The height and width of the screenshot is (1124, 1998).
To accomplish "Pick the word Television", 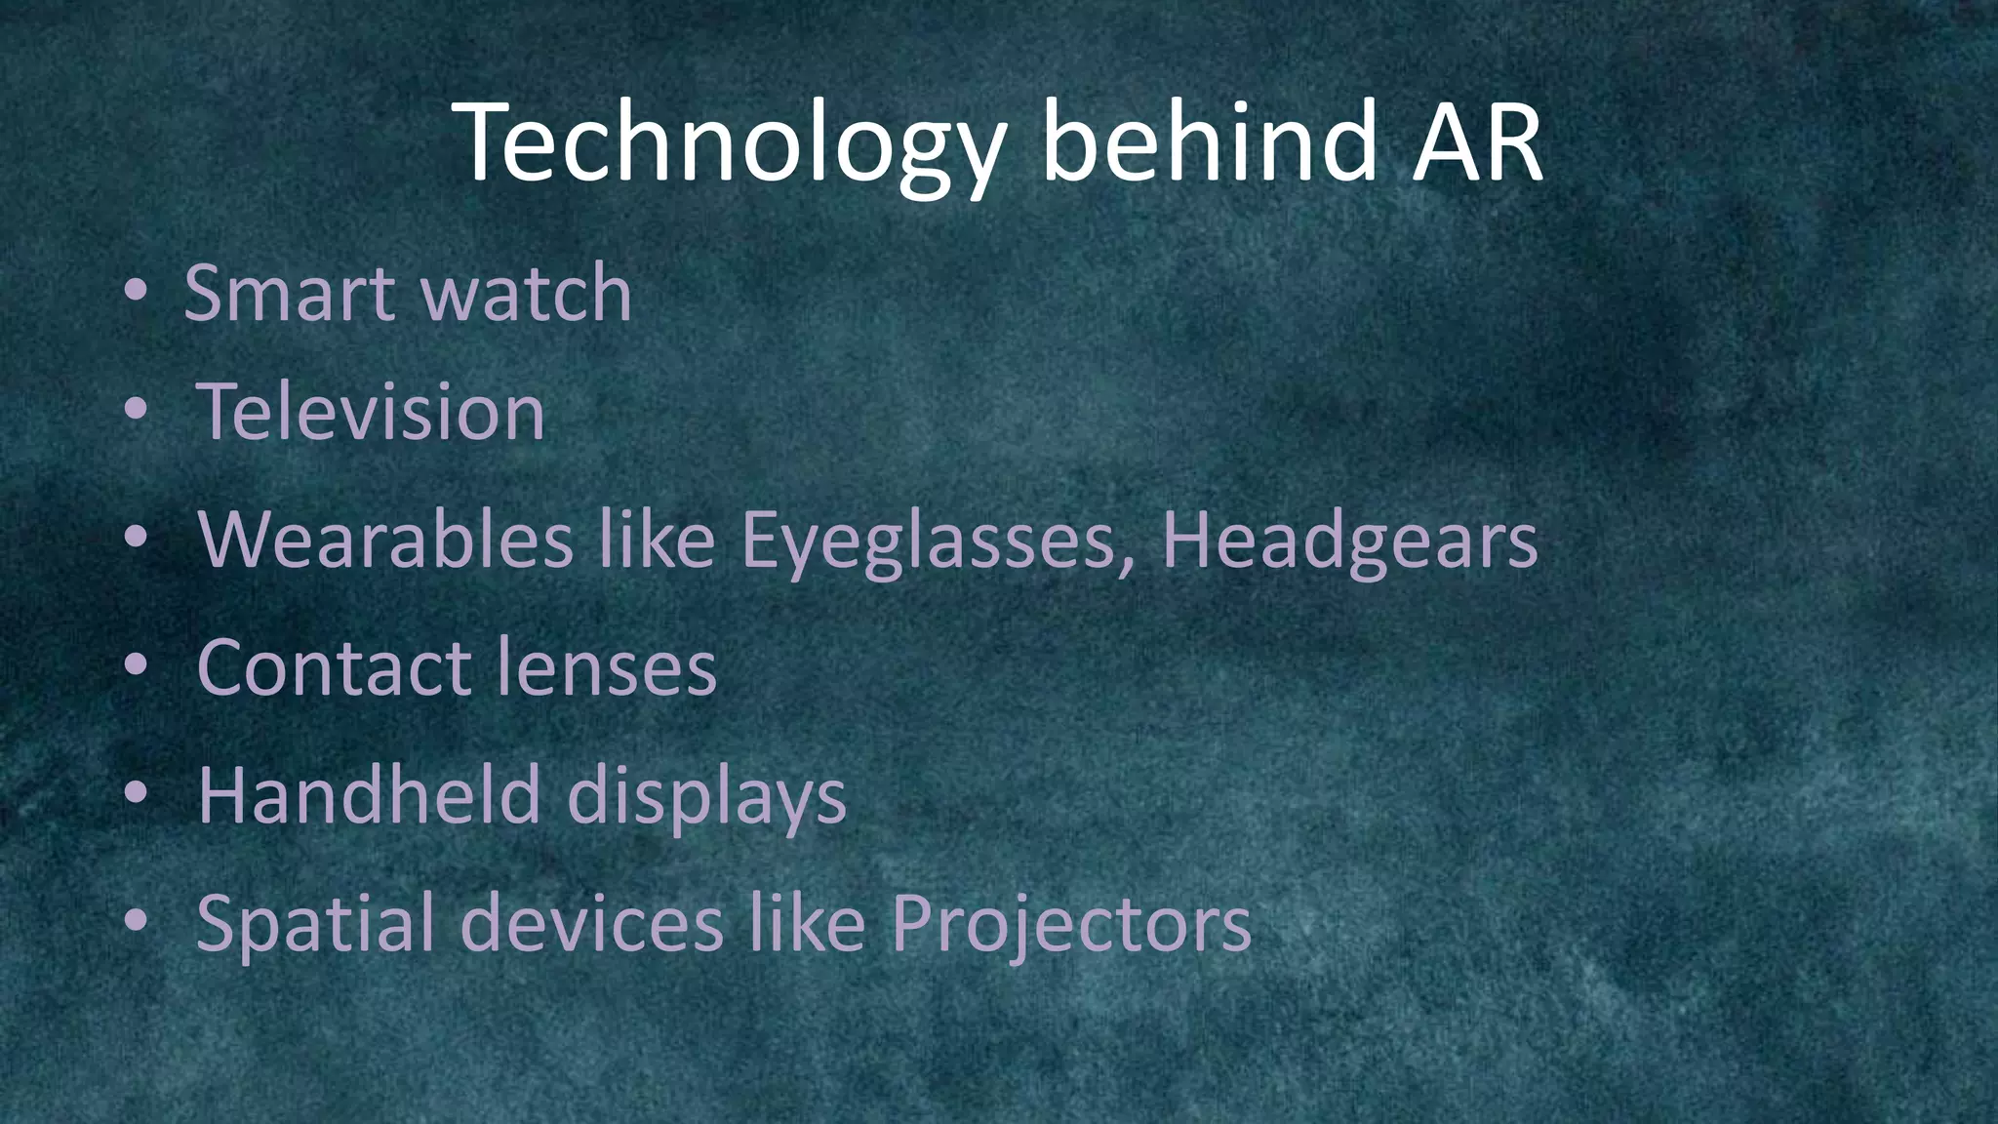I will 371,412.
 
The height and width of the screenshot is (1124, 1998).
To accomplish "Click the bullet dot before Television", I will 136,411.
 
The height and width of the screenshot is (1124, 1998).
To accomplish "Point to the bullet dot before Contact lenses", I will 136,665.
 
